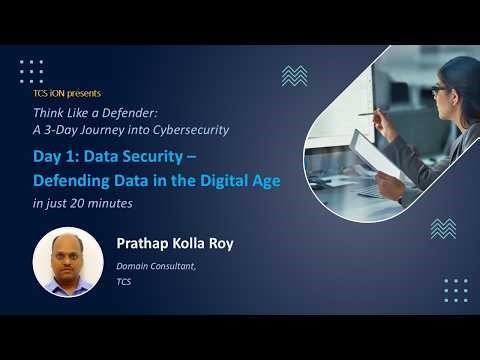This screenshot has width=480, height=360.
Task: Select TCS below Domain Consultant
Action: [x=124, y=282]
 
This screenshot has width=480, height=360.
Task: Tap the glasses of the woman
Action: [x=440, y=91]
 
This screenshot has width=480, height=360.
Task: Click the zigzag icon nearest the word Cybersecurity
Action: [x=295, y=76]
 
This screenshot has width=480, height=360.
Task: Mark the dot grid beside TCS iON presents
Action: [x=31, y=71]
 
